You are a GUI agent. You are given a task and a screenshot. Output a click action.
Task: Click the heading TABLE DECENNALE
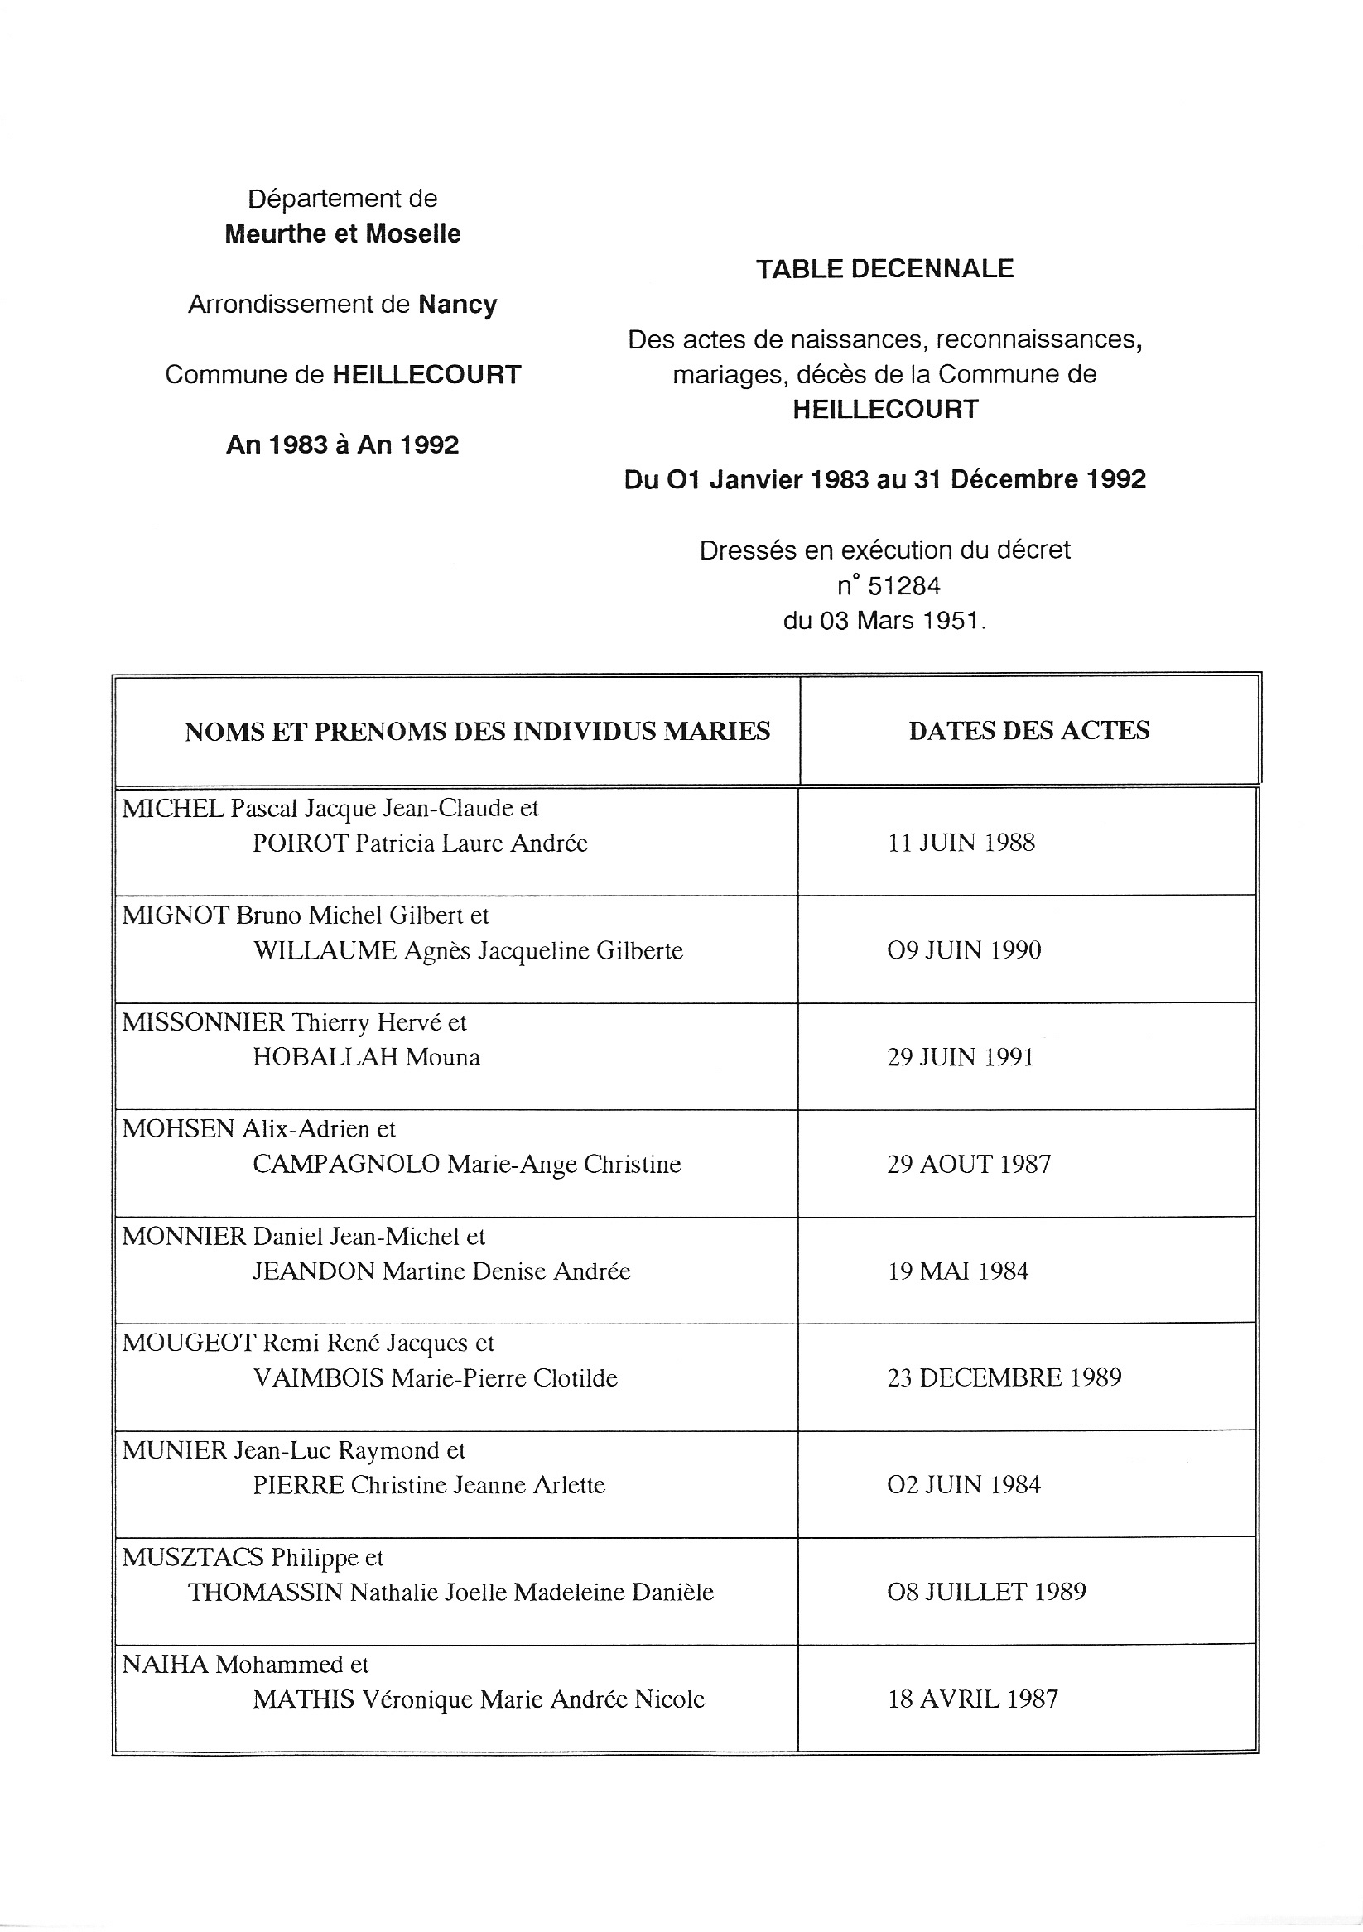click(884, 269)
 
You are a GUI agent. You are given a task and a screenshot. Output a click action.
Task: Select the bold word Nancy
click(457, 304)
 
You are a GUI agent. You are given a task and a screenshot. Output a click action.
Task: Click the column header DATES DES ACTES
click(1028, 730)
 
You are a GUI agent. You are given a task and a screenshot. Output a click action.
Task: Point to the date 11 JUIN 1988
click(961, 843)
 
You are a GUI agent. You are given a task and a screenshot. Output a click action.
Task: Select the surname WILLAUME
click(325, 951)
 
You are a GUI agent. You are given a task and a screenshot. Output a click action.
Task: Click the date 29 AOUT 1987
click(968, 1165)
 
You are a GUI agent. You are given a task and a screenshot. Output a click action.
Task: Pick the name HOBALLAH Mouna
click(366, 1058)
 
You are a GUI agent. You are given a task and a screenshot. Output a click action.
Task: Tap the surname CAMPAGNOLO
click(346, 1165)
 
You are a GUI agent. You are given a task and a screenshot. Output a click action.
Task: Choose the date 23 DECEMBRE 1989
click(1004, 1378)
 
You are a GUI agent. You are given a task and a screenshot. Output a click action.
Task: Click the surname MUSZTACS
click(193, 1558)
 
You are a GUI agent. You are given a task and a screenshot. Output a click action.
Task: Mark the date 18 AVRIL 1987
click(972, 1699)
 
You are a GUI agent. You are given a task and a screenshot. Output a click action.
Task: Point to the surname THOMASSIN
click(265, 1593)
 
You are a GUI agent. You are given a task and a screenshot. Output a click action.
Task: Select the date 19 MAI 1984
click(957, 1271)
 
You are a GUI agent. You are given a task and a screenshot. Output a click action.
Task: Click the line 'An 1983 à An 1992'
click(343, 445)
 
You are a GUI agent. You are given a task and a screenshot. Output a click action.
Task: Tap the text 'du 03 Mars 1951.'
click(884, 621)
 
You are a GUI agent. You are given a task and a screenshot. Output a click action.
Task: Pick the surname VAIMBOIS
click(318, 1378)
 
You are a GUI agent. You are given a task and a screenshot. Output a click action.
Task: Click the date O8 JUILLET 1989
click(986, 1592)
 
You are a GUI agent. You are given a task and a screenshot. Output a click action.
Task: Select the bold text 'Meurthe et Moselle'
click(343, 234)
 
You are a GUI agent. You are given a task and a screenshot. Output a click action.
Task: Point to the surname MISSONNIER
click(203, 1022)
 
